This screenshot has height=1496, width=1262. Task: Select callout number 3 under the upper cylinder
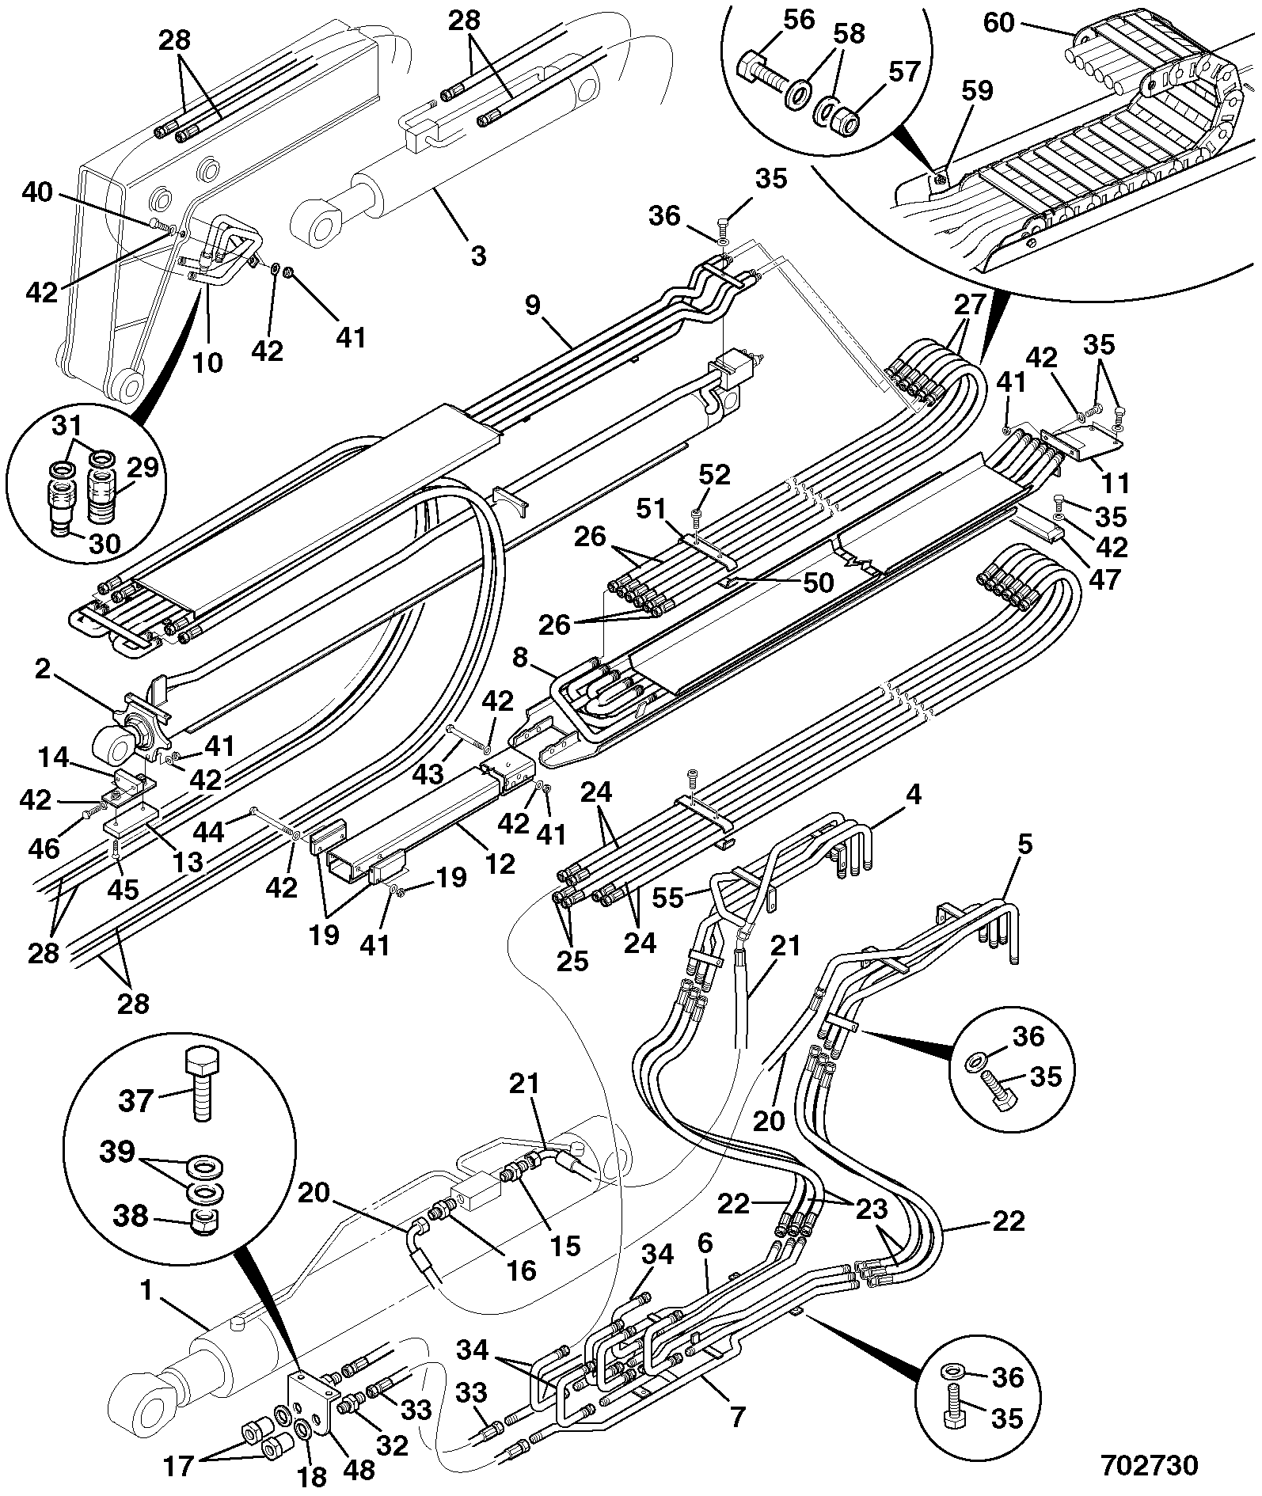click(x=477, y=255)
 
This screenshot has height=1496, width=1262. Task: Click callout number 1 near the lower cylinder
click(x=146, y=1290)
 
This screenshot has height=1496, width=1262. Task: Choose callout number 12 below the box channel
click(x=500, y=862)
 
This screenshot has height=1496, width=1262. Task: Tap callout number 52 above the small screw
click(x=714, y=476)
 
